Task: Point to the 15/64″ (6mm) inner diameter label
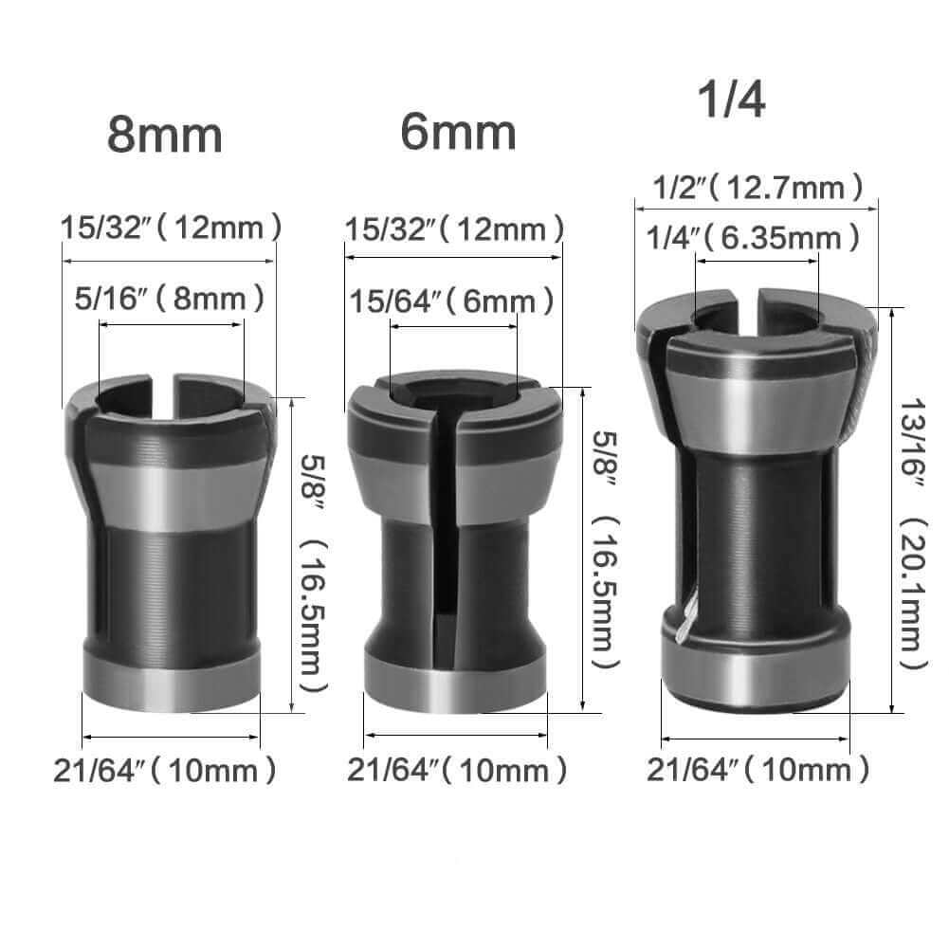[452, 302]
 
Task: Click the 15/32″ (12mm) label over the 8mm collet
[171, 228]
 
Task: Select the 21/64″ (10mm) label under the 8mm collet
[166, 771]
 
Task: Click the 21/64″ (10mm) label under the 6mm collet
[457, 771]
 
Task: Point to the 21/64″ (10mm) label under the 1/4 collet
[757, 771]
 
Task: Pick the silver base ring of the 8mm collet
[171, 681]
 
